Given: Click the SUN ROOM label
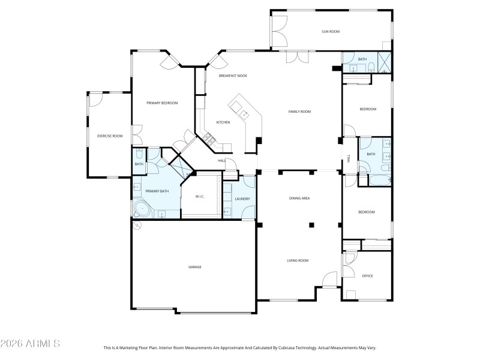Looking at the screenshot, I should pyautogui.click(x=331, y=32).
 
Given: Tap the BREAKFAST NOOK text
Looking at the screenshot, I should pyautogui.click(x=233, y=76).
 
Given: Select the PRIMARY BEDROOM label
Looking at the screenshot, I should pyautogui.click(x=162, y=103).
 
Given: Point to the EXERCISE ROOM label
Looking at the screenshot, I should pyautogui.click(x=110, y=136).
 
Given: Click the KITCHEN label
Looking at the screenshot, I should pyautogui.click(x=223, y=122).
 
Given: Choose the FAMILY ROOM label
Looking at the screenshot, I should pyautogui.click(x=299, y=112).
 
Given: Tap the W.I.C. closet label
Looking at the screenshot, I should pyautogui.click(x=201, y=196).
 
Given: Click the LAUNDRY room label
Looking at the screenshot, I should pyautogui.click(x=242, y=199).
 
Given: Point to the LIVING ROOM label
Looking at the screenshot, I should pyautogui.click(x=297, y=260).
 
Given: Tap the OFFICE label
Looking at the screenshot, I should pyautogui.click(x=367, y=276).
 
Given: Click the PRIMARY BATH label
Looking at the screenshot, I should pyautogui.click(x=157, y=191).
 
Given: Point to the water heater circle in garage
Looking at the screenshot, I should pyautogui.click(x=137, y=226).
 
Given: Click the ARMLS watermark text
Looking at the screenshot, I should pyautogui.click(x=30, y=344).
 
